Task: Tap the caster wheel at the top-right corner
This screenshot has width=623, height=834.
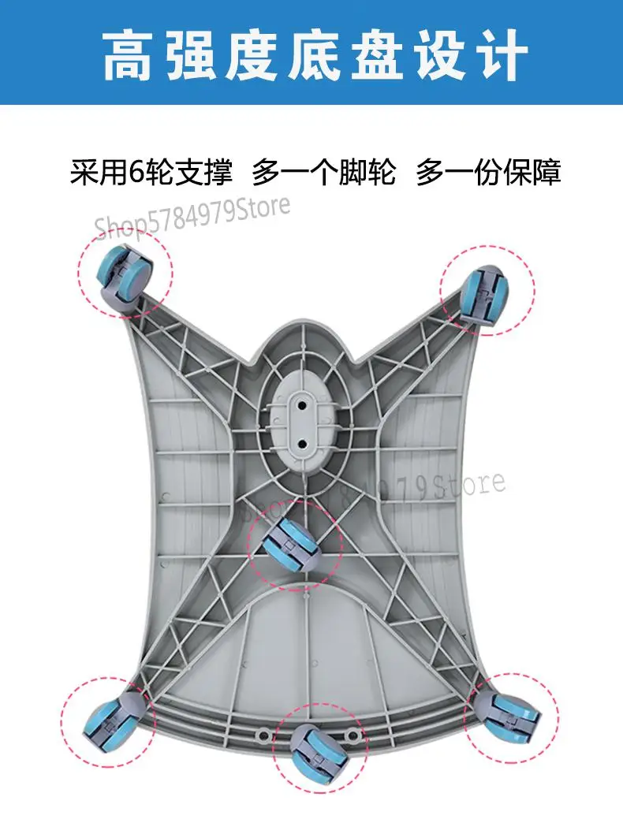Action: point(483,293)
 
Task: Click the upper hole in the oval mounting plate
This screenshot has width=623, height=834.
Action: point(301,404)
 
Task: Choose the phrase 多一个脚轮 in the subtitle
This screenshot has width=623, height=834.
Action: point(323,172)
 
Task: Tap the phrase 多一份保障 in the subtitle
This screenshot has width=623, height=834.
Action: point(489,172)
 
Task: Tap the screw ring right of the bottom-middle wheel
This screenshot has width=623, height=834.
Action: point(353,735)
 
